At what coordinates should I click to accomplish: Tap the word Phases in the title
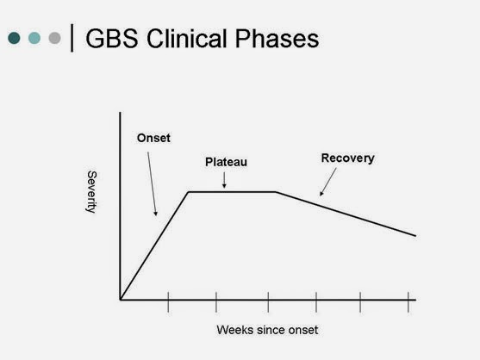pos(276,40)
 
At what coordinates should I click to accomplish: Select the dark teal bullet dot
pos(15,39)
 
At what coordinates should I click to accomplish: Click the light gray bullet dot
pos(55,39)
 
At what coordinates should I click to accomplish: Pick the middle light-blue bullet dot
pos(34,39)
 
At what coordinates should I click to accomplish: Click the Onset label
pos(153,138)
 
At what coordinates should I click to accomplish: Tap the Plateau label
pos(225,161)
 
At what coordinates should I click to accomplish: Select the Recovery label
pos(347,158)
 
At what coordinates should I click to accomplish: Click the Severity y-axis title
pos(91,192)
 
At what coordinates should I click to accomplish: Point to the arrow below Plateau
pos(224,178)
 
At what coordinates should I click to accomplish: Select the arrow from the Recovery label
pos(327,183)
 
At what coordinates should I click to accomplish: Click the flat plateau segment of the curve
pos(233,191)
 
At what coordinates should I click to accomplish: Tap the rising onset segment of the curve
pos(155,245)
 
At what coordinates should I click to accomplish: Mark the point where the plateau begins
pos(189,191)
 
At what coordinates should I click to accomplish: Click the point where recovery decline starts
pos(277,191)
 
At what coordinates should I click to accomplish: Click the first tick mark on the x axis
pos(168,301)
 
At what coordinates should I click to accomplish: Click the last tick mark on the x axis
pos(407,301)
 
